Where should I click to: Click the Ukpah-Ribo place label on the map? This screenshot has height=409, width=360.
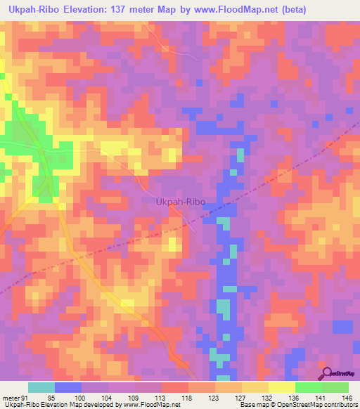point(180,202)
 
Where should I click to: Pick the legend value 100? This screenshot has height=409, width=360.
point(81,397)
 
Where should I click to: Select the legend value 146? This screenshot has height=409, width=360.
point(348,397)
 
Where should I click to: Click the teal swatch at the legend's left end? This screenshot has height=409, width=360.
point(41,387)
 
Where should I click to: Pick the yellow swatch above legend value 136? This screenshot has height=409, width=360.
point(281,387)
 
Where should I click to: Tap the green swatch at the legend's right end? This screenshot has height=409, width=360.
point(335,387)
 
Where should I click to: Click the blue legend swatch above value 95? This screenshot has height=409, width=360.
point(68,387)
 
